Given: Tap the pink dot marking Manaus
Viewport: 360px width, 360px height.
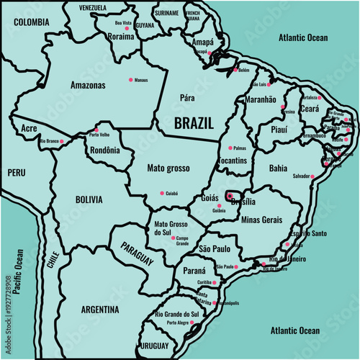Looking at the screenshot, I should (130, 79).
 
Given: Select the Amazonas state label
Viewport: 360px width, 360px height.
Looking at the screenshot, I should (88, 85).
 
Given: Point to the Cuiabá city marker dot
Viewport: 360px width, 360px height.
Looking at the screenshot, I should (162, 192).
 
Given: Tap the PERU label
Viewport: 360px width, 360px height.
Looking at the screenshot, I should (16, 173).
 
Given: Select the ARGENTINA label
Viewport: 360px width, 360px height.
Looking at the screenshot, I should (99, 310).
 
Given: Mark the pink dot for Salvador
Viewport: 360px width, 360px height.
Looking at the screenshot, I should (314, 176).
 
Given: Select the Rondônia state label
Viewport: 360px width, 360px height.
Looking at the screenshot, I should (102, 150).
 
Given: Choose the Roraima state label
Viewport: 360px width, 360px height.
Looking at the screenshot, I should (120, 35).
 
